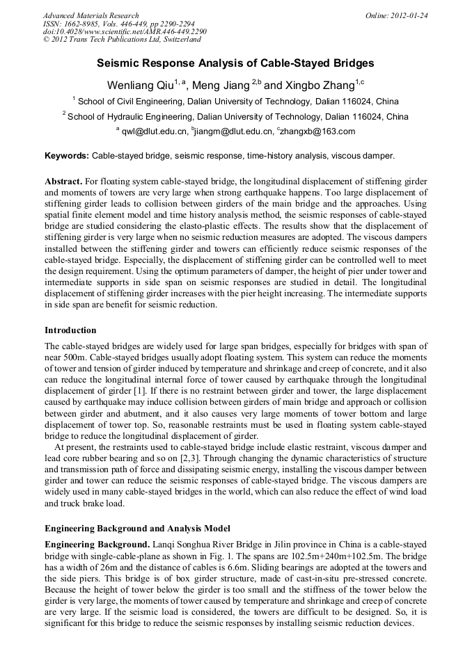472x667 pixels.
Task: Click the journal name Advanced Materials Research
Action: point(91,15)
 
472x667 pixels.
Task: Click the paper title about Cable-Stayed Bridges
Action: point(235,63)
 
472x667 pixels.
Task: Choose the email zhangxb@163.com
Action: point(318,131)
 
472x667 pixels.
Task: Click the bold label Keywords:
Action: point(67,156)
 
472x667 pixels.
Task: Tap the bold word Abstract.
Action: point(63,181)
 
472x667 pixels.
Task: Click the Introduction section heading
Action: point(70,330)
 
